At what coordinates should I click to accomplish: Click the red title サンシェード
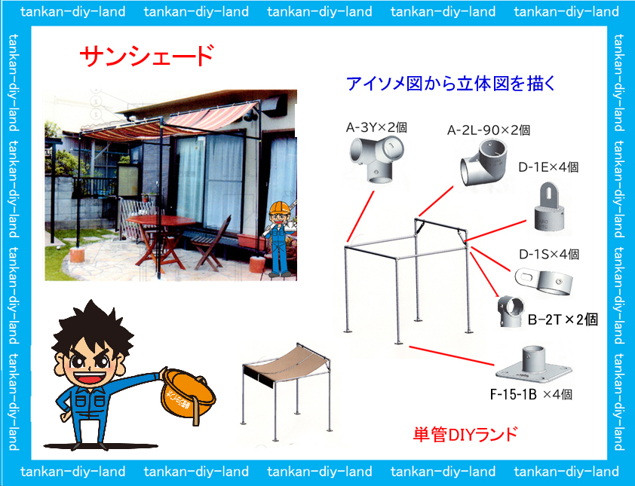146,57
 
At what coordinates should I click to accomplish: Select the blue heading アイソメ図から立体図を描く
451,84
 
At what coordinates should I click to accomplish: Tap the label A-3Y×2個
376,127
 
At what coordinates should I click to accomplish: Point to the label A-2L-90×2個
489,130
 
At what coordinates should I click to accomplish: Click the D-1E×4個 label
548,167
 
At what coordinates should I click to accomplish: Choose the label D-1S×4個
549,254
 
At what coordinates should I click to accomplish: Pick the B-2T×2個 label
563,319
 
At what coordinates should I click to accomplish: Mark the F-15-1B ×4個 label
531,394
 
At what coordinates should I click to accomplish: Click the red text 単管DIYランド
465,434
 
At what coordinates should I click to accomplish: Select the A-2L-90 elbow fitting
483,163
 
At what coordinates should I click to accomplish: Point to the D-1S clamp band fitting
545,281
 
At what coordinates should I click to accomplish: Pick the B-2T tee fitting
511,310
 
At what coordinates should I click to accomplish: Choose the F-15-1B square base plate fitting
533,365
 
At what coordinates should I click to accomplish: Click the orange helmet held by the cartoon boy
187,395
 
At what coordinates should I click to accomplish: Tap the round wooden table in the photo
161,222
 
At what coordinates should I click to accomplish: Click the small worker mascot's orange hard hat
281,208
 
